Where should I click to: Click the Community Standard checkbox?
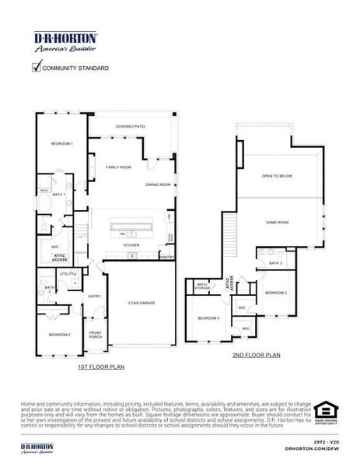[37, 68]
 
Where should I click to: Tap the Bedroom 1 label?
[62, 144]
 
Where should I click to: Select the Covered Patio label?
[131, 126]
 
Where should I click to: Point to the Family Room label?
[119, 167]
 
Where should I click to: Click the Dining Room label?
[158, 184]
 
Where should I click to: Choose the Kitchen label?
[131, 245]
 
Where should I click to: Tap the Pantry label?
[167, 256]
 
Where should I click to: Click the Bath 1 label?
[58, 194]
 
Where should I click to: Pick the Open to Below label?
[277, 177]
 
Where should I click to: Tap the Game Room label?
[278, 223]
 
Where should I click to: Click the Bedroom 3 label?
[275, 293]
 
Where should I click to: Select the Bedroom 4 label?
[208, 318]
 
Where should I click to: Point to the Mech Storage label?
[202, 286]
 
